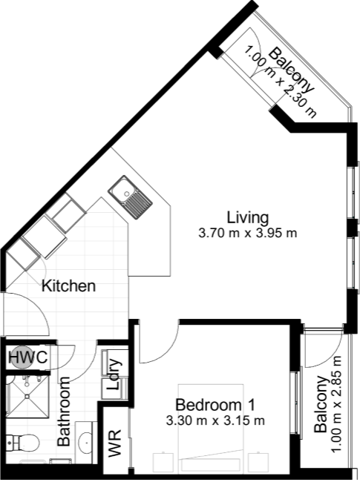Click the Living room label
point(248,217)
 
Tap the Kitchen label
point(68,286)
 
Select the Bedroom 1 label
point(215,405)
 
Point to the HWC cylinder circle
point(22,357)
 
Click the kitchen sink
point(130,197)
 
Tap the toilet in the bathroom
point(22,443)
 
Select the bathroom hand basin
point(85,442)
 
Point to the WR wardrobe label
point(114,443)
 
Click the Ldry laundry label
point(114,374)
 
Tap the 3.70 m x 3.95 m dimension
point(248,233)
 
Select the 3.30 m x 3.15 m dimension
point(215,420)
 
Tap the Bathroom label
point(64,412)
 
